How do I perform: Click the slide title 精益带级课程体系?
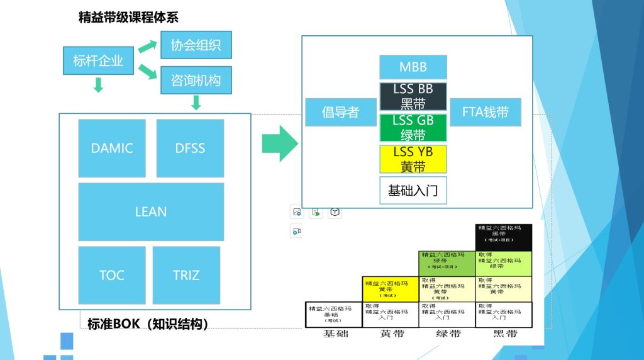click(x=128, y=17)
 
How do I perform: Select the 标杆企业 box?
click(x=98, y=61)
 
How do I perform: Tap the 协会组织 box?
click(x=196, y=45)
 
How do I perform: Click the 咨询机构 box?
click(x=196, y=80)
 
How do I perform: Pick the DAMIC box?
click(x=112, y=149)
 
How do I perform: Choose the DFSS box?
click(x=190, y=149)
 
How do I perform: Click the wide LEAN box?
click(x=151, y=211)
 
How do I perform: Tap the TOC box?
click(x=112, y=275)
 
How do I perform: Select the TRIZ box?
click(x=186, y=275)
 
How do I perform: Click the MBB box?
click(x=413, y=67)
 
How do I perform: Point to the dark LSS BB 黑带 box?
click(x=413, y=96)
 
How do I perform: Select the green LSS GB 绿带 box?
click(x=413, y=128)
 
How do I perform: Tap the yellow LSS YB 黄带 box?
click(x=413, y=159)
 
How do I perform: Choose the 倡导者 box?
click(x=340, y=113)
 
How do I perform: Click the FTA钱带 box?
click(x=486, y=113)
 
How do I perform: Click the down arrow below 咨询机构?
click(x=196, y=102)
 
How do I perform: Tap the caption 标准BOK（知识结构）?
click(x=147, y=324)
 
